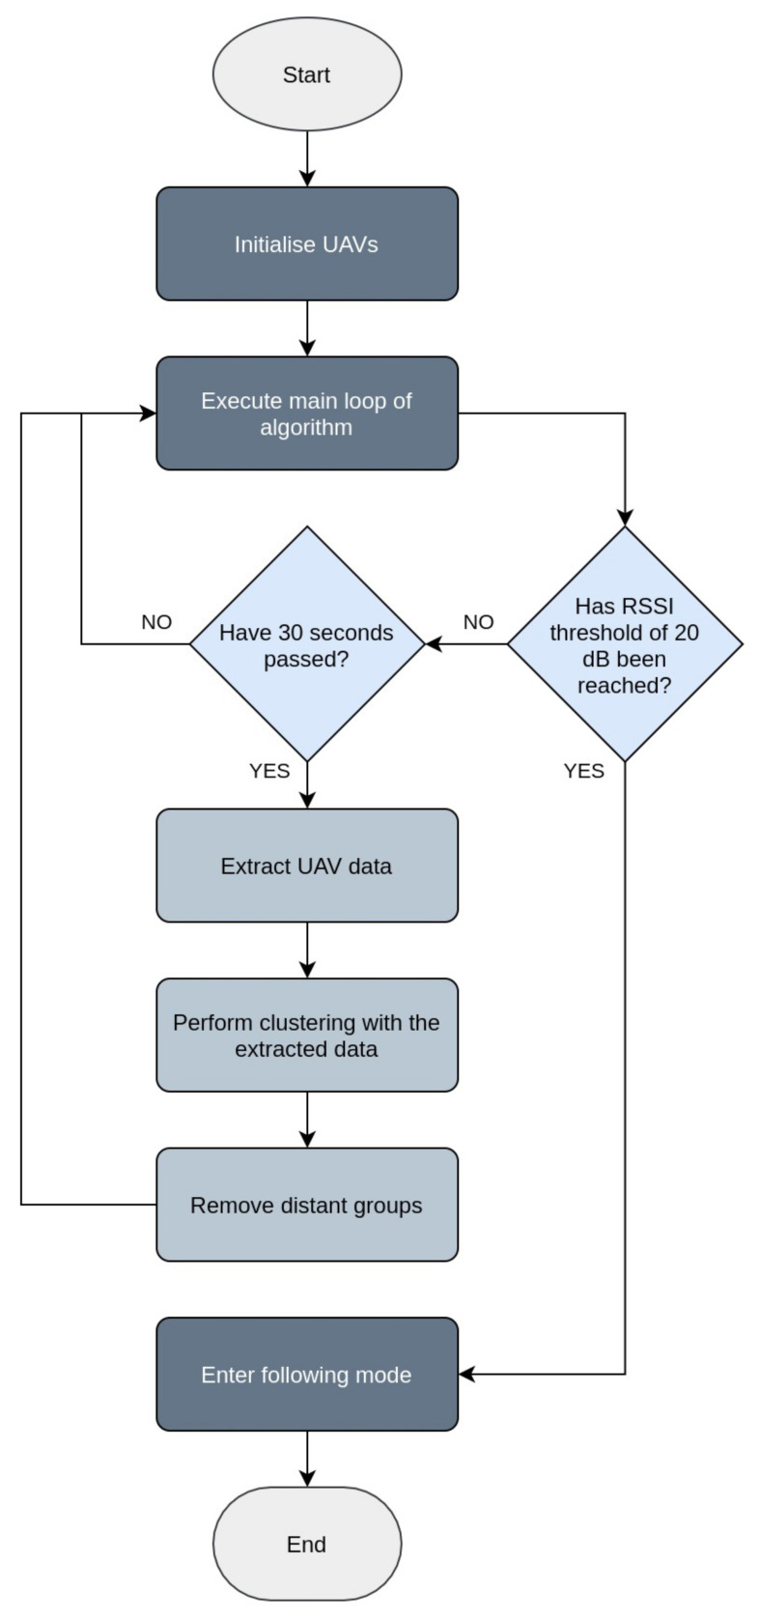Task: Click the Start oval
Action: pos(306,74)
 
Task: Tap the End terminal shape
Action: pos(306,1544)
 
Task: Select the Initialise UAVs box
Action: pos(306,243)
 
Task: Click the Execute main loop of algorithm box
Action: pos(306,413)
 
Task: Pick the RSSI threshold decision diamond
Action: pos(624,644)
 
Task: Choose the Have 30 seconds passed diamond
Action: pos(306,644)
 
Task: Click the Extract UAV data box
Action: pos(306,866)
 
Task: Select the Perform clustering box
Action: pos(306,1036)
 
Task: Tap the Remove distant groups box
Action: pos(306,1205)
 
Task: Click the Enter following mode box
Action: pos(306,1374)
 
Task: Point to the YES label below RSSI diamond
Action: pos(583,771)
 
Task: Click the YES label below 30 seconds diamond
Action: pos(269,771)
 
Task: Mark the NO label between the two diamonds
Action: pos(478,622)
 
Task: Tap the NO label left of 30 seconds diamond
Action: pos(156,622)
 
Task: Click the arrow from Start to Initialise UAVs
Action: pos(307,158)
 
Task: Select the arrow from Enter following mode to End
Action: pos(307,1459)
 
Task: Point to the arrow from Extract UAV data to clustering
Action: pos(307,951)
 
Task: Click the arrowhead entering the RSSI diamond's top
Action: pos(625,517)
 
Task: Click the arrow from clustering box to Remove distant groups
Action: pos(307,1120)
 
